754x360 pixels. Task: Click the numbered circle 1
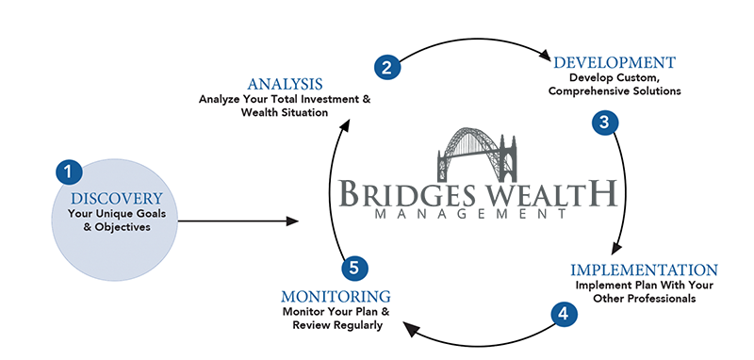pos(69,172)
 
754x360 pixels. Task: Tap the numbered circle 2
pos(387,67)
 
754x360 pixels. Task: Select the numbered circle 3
pos(605,123)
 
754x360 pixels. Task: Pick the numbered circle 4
pos(564,315)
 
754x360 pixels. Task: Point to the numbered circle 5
pos(355,269)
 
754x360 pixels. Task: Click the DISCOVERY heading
pos(117,199)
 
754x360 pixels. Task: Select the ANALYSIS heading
pos(285,84)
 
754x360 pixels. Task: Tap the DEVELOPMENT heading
pos(615,62)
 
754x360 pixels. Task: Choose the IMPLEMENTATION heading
pos(645,270)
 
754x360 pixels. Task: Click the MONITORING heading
pos(336,296)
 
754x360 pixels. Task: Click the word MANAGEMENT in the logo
pos(470,214)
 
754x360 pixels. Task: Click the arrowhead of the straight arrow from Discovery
pos(292,221)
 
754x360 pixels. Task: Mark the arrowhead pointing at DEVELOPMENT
pos(545,55)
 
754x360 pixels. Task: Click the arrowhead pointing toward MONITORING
pos(411,329)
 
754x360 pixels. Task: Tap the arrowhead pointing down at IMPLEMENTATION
pos(616,249)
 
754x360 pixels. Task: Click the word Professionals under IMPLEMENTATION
pos(665,299)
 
